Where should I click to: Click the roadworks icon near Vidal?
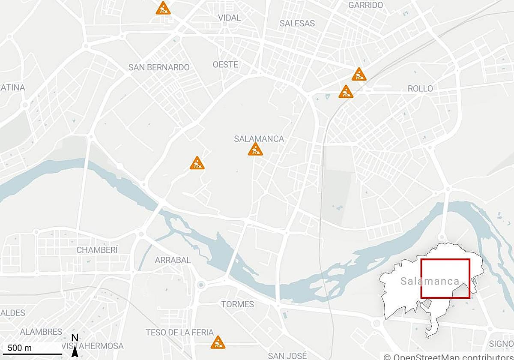coord(163,9)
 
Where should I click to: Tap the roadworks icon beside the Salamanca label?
coord(255,150)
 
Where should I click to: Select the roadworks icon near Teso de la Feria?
coord(218,342)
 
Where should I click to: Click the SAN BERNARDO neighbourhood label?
coord(159,67)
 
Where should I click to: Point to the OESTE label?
coord(225,64)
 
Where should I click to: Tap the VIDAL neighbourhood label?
coord(230,18)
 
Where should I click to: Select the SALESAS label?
coord(297,23)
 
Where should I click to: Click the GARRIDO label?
coord(365,5)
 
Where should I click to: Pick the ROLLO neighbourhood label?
coord(420,89)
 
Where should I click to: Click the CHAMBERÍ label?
coord(97,250)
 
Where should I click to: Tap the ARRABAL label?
coord(173,260)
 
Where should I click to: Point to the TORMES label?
coord(237,304)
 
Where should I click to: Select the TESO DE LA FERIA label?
coord(179,332)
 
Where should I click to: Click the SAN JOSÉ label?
coord(287,356)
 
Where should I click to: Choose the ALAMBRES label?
coord(41,332)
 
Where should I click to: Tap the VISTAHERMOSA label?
coord(93,346)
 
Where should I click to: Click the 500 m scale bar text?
coord(20,347)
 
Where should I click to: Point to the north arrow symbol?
coord(75,349)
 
